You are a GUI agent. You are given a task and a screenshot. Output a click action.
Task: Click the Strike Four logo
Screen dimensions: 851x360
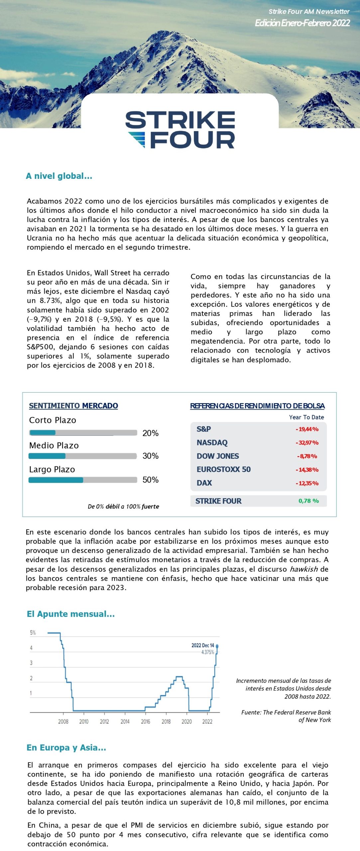pyautogui.click(x=180, y=130)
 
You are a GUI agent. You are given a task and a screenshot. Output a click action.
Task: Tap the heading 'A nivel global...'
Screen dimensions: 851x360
pyautogui.click(x=59, y=176)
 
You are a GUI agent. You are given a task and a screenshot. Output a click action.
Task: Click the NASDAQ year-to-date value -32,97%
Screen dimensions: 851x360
pyautogui.click(x=307, y=442)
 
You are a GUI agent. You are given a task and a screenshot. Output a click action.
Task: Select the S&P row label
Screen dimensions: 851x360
pyautogui.click(x=203, y=429)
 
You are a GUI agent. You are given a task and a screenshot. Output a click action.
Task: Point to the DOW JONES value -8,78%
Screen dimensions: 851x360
pyautogui.click(x=307, y=456)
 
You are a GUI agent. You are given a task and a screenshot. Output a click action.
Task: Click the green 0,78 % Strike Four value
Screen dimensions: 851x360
pyautogui.click(x=308, y=501)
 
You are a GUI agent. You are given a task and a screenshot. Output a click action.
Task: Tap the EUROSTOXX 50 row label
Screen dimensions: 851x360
pyautogui.click(x=223, y=469)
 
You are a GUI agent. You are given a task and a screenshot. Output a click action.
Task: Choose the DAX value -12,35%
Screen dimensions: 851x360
pyautogui.click(x=307, y=483)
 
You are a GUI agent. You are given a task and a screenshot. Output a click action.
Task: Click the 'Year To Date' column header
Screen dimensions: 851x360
pyautogui.click(x=306, y=417)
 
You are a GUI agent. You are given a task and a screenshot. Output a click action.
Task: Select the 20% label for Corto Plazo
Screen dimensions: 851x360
pyautogui.click(x=150, y=433)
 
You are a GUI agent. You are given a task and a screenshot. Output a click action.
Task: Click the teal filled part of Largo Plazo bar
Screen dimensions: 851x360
pyautogui.click(x=56, y=480)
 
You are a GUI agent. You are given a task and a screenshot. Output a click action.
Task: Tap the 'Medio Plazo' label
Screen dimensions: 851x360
pyautogui.click(x=54, y=445)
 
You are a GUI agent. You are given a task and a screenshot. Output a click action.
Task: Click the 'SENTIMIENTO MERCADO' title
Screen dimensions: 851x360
pyautogui.click(x=73, y=406)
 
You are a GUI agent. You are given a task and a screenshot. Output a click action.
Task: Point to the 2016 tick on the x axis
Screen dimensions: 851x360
pyautogui.click(x=146, y=721)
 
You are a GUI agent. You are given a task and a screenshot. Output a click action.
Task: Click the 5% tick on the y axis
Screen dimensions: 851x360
pyautogui.click(x=33, y=633)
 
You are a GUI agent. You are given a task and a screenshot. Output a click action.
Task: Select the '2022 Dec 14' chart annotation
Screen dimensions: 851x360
pyautogui.click(x=203, y=645)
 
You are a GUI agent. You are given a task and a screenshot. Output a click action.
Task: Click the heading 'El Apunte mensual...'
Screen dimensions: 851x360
pyautogui.click(x=71, y=614)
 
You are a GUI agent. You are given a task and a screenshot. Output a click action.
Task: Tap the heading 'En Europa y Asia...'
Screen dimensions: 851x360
pyautogui.click(x=66, y=747)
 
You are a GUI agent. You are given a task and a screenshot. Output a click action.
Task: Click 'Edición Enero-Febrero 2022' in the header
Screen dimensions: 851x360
pyautogui.click(x=302, y=23)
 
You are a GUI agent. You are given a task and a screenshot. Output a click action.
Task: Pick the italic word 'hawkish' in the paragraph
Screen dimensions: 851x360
pyautogui.click(x=304, y=569)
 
